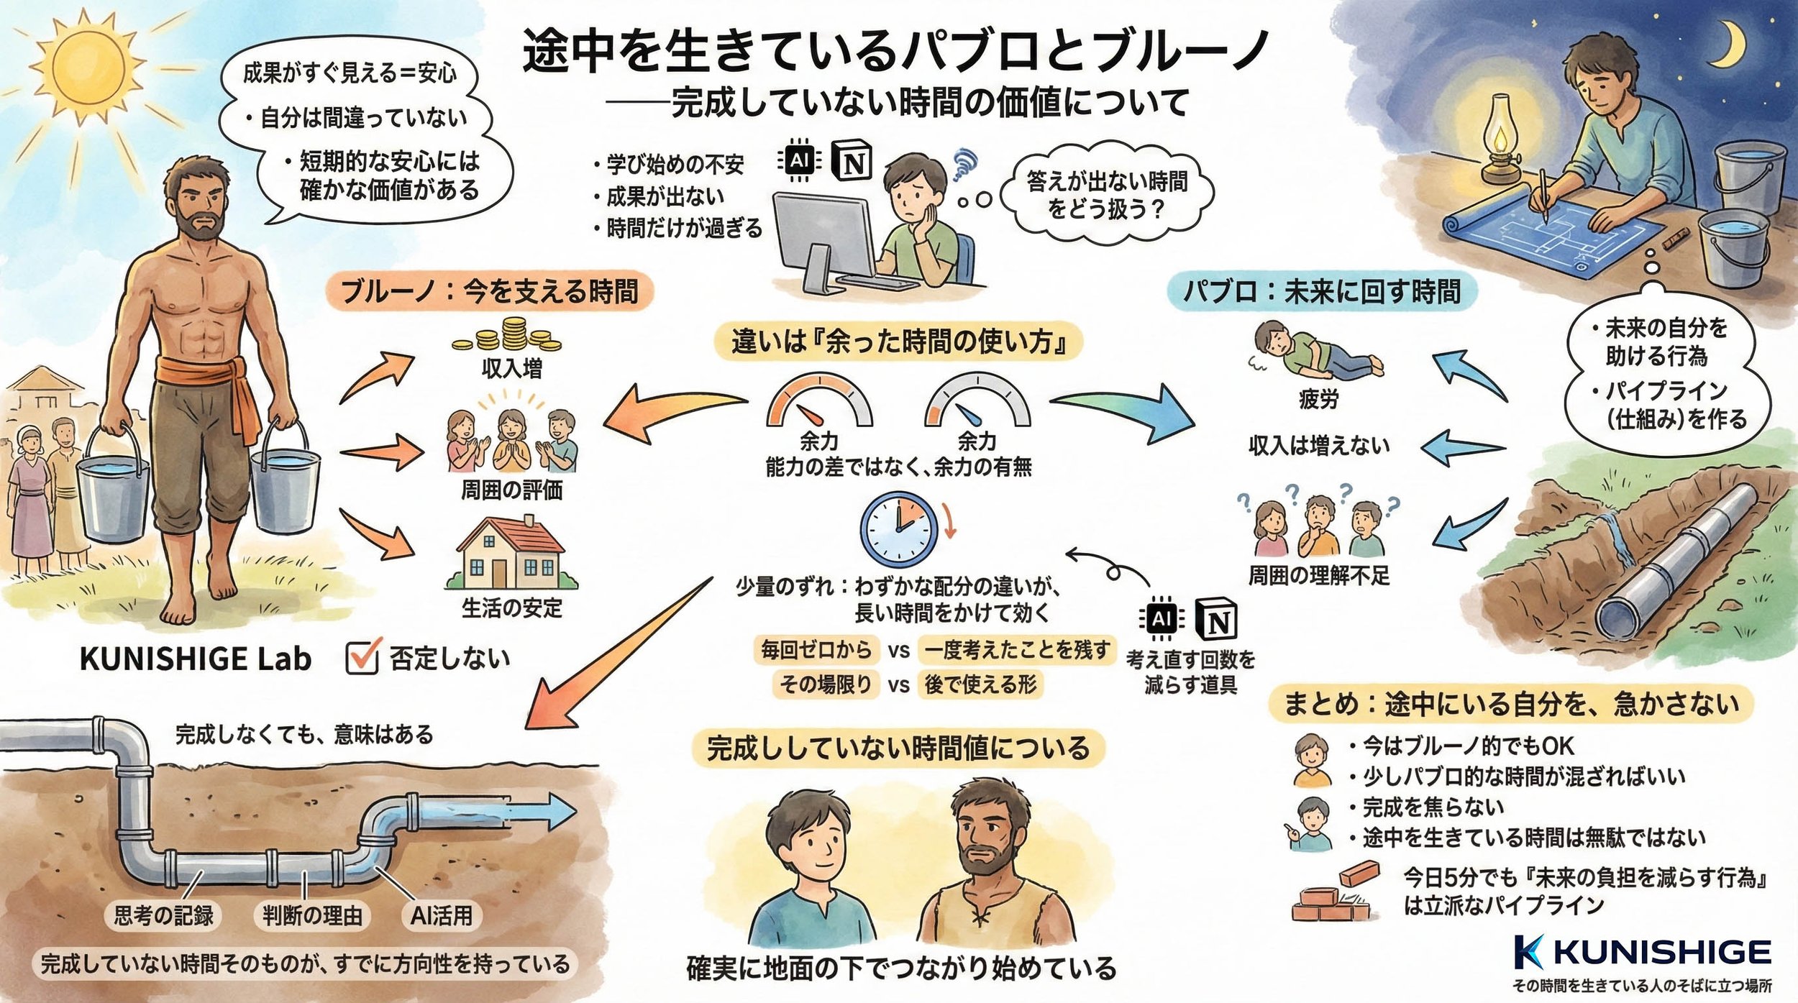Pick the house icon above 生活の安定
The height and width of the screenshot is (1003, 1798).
[510, 553]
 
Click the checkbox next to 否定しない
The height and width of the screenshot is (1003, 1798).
[362, 656]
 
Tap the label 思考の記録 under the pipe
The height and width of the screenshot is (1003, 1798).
[164, 915]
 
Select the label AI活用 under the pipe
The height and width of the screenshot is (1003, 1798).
[441, 915]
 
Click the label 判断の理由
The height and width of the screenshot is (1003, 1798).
[312, 915]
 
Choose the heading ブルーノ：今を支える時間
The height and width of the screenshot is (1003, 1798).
[489, 292]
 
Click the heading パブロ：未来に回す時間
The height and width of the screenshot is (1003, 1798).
[1322, 292]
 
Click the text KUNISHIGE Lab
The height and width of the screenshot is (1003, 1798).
[195, 659]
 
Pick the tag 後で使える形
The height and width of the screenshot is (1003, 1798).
[980, 684]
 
